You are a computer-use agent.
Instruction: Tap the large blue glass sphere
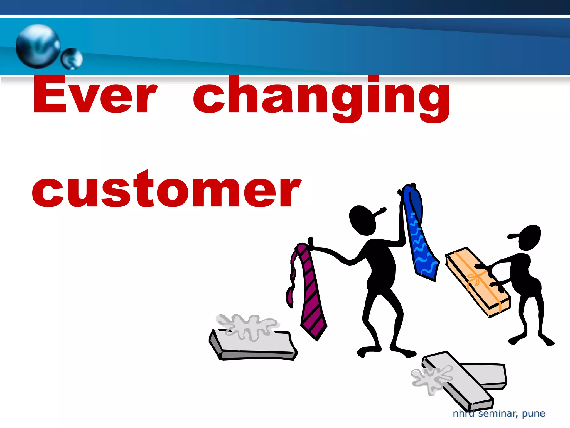pos(38,46)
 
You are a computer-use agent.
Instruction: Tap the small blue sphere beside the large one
pos(72,59)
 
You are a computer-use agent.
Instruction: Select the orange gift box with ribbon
pos(477,281)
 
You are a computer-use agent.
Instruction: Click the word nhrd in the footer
pos(463,413)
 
